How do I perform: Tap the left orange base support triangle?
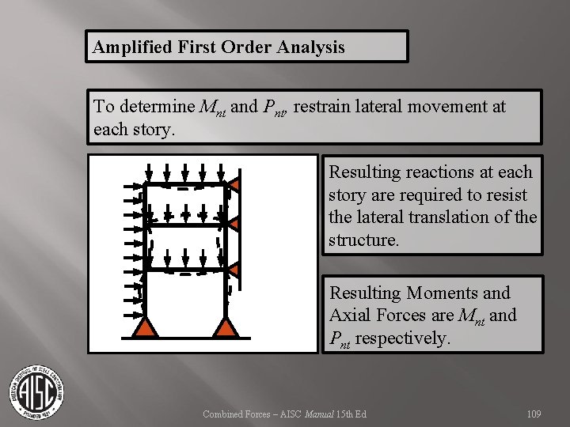coord(147,328)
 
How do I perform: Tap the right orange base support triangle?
coord(226,328)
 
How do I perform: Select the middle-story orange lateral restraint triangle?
coord(234,226)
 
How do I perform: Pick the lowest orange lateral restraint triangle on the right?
coord(234,270)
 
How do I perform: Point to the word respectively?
coord(403,338)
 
